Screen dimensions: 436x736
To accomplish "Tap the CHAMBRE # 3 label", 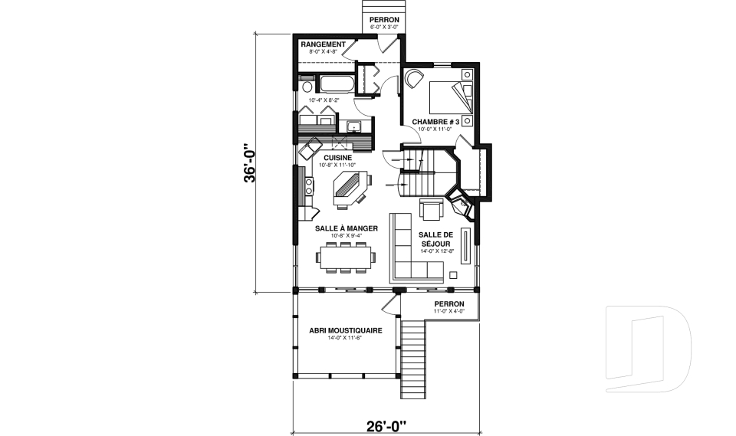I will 435,122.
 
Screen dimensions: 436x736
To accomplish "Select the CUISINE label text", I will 337,158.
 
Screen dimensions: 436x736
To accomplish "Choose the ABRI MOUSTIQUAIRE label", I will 345,330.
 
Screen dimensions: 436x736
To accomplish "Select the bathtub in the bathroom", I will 335,83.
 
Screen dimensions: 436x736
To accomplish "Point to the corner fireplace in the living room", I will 462,206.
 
